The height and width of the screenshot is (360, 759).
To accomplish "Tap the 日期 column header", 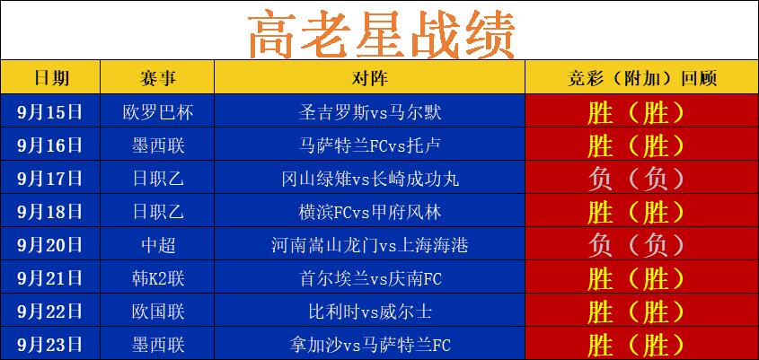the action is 50,77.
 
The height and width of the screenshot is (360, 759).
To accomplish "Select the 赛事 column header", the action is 157,77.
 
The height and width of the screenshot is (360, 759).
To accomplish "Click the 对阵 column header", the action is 369,77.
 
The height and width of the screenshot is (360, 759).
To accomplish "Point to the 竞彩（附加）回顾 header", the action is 642,77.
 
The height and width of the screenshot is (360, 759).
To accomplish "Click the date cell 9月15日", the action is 50,112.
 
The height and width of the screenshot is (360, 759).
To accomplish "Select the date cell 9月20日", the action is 50,245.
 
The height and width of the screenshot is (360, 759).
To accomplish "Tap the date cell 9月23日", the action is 50,345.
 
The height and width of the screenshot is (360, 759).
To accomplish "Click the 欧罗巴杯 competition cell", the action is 157,112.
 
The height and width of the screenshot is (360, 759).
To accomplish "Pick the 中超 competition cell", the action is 157,245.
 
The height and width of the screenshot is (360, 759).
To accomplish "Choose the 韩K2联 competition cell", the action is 157,278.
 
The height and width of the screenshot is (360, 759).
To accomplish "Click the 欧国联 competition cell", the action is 157,312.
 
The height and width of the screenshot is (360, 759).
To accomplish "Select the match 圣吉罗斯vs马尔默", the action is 369,112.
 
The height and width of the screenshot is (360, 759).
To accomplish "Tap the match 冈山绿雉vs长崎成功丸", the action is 369,179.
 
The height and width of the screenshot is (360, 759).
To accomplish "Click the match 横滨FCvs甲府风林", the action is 369,212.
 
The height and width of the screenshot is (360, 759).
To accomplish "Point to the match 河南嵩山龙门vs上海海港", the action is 369,245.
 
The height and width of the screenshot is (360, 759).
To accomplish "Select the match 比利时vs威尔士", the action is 369,312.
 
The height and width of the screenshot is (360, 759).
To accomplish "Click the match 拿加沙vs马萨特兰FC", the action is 369,345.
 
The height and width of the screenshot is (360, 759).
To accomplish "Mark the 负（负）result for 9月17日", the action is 636,179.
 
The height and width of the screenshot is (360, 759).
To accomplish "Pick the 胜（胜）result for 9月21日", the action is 636,278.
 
